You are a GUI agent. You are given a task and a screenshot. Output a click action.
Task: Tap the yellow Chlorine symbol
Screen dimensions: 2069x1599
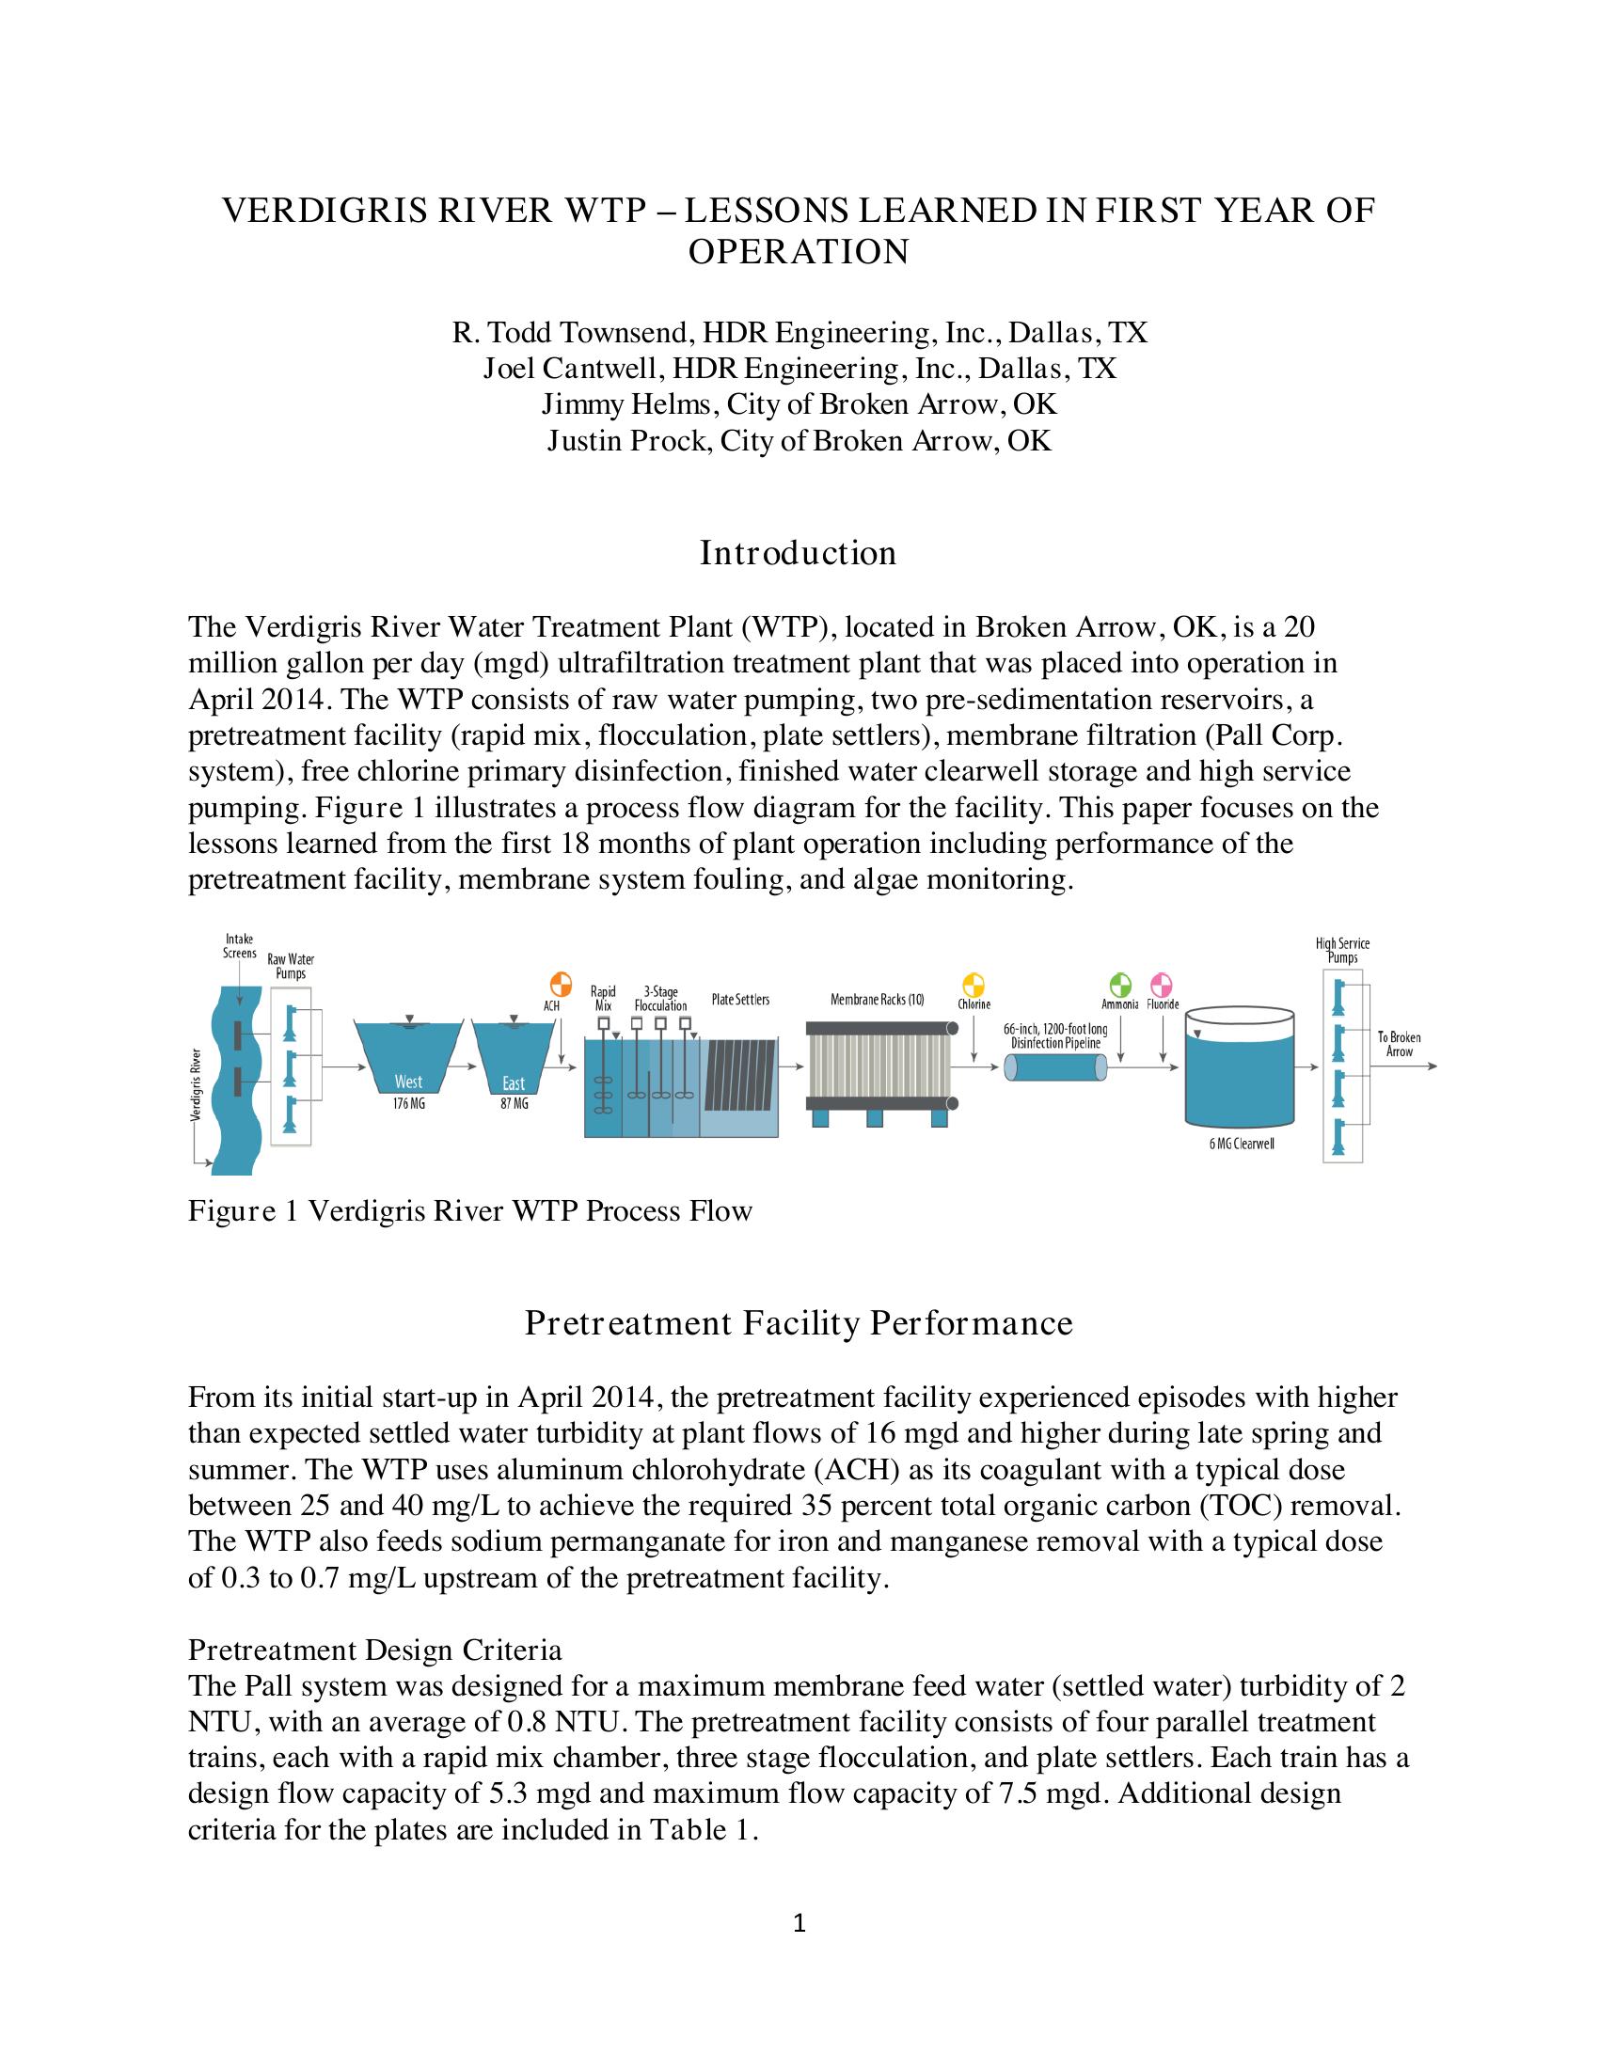click(974, 985)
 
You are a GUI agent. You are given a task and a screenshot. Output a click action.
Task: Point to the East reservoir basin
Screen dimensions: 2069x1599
click(513, 1061)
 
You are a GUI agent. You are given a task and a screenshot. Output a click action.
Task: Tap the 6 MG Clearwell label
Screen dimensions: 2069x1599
click(1241, 1144)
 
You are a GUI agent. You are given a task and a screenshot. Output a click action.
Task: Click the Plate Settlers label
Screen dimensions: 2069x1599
click(740, 1000)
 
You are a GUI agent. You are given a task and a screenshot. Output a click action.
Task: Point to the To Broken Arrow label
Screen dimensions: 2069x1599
click(1400, 1044)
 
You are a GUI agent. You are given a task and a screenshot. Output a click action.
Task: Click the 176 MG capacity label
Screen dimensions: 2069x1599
click(407, 1104)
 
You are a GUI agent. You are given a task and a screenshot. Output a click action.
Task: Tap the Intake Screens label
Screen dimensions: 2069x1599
click(239, 945)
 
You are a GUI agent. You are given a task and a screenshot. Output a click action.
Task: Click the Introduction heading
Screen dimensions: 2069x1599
click(798, 553)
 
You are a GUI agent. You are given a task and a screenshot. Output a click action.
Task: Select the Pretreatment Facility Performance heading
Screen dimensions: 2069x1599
click(799, 1323)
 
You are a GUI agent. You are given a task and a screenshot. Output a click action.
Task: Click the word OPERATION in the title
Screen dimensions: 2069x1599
click(799, 252)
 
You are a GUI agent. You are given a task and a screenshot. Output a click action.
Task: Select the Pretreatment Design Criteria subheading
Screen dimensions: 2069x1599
click(375, 1650)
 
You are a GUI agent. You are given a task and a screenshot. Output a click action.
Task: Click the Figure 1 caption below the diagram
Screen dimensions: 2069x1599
click(470, 1211)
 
